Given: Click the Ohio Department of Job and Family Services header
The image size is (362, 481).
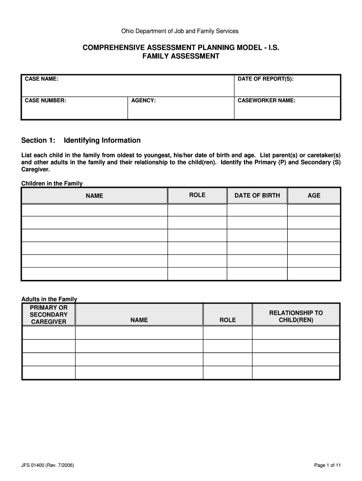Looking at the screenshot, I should click(x=180, y=31).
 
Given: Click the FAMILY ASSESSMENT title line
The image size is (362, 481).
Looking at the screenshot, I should click(x=181, y=56).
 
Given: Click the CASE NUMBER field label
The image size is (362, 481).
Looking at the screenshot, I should click(x=45, y=101).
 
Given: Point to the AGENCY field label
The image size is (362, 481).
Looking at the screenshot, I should click(x=143, y=101).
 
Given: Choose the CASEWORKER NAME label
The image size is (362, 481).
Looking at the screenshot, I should click(x=267, y=101).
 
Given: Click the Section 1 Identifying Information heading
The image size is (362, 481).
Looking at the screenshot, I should click(x=81, y=140).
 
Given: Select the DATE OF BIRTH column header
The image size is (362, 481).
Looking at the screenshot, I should click(x=257, y=195).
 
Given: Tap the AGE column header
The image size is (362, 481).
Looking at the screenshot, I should click(x=314, y=195).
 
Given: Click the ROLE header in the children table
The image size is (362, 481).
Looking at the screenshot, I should click(x=197, y=195).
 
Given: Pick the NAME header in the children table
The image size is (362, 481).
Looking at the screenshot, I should click(x=94, y=196).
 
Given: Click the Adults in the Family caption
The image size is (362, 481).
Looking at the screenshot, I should click(x=49, y=299).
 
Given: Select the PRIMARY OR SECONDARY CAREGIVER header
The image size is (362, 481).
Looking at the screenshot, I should click(x=48, y=315).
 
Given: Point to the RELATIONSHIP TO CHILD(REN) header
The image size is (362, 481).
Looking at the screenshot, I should click(x=296, y=316).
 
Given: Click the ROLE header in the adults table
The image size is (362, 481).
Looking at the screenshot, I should click(x=228, y=320).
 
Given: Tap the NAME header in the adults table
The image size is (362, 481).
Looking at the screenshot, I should click(x=139, y=320).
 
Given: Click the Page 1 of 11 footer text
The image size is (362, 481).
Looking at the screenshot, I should click(x=327, y=465).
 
